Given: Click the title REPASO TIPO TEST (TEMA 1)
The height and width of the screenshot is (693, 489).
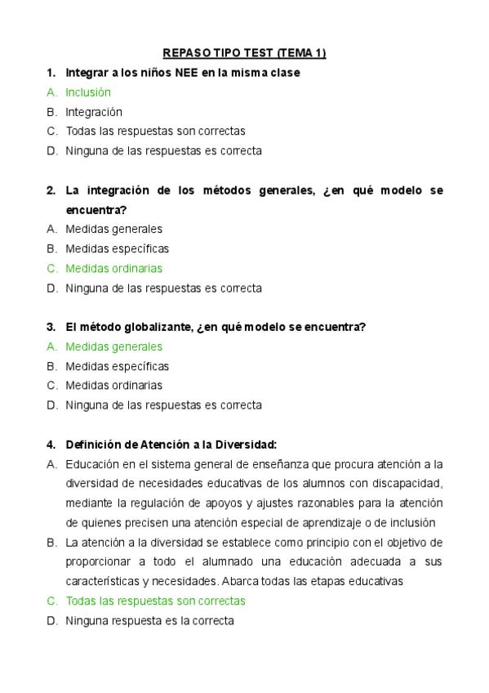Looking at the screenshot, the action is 244,54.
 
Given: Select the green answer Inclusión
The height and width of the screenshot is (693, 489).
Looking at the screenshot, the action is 88,92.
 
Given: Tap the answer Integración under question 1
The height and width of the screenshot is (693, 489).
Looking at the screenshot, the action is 94,112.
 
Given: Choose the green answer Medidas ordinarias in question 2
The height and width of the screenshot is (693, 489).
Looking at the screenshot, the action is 113,268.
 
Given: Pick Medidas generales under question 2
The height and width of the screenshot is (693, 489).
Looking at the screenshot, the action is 113,229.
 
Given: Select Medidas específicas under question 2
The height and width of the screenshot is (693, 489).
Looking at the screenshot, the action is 117,248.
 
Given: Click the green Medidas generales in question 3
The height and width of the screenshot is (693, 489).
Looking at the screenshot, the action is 113,346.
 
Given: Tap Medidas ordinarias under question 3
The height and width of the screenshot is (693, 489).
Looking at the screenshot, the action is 113,385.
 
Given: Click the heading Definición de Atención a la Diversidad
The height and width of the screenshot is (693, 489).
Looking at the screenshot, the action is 171,445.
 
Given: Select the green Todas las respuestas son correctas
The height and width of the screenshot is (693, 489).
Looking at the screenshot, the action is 155,601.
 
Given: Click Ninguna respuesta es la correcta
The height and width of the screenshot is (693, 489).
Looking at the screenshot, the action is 149,620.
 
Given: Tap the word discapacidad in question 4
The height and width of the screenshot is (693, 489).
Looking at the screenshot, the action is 408,484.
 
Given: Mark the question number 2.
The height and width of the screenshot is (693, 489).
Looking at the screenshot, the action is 50,190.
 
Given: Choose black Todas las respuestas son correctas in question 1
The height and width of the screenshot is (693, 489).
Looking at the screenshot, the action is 155,131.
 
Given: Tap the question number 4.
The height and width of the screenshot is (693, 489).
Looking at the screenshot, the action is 50,445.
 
